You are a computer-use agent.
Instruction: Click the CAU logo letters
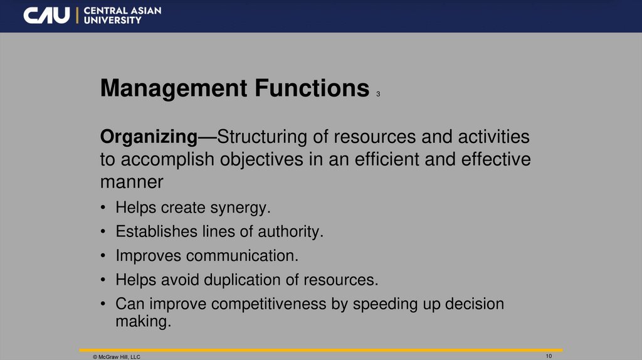click(46, 16)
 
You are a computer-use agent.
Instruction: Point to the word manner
click(132, 183)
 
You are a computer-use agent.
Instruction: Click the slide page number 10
click(549, 356)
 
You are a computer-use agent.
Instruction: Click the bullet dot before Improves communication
click(103, 256)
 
